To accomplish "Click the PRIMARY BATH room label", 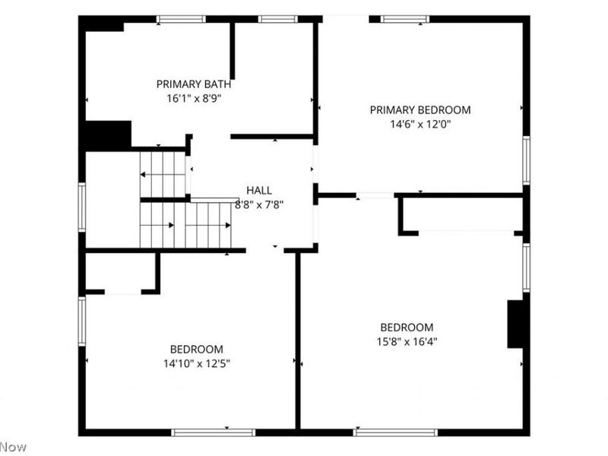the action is coord(194,84).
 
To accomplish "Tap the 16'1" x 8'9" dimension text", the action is coord(194,99).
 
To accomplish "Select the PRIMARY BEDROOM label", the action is coord(420,110).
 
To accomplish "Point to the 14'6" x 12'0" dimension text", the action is coord(420,124).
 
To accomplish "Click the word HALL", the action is coord(259,191).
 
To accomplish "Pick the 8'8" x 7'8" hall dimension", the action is coord(259,204).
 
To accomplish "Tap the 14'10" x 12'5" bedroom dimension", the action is coord(197,364).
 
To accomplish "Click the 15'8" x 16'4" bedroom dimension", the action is coord(407,341).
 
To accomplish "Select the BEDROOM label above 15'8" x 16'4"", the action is coord(407,328).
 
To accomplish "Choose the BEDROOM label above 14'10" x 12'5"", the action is coord(197,350).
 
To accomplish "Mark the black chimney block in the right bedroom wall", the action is coord(515,325).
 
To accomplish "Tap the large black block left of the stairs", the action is coord(108,136).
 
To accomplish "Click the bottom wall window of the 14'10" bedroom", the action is coord(214,432).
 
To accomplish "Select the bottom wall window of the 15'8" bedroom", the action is coord(395,432).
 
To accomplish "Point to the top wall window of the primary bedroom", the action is coord(405,19).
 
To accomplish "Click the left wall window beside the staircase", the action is coord(82,207).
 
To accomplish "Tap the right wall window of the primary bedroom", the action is coord(526,160).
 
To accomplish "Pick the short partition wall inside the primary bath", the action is coord(233,51).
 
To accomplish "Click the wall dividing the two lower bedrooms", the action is coord(298,340).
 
